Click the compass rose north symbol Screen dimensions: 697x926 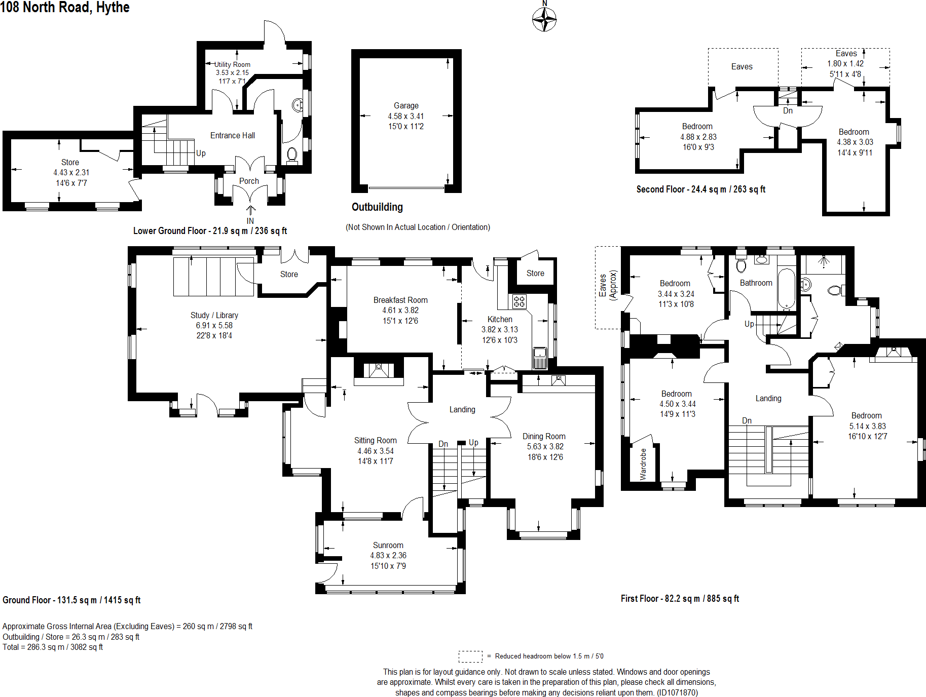pyautogui.click(x=544, y=19)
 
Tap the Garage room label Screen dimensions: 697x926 pyautogui.click(x=406, y=105)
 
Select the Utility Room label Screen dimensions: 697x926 pyautogui.click(x=232, y=64)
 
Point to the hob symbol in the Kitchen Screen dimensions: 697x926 pyautogui.click(x=519, y=302)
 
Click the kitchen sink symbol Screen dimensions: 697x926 pyautogui.click(x=540, y=354)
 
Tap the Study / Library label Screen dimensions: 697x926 pyautogui.click(x=214, y=315)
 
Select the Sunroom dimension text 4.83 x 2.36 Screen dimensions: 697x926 pyautogui.click(x=388, y=555)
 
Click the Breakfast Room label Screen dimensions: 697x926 pyautogui.click(x=400, y=300)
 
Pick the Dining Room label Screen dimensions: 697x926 pyautogui.click(x=544, y=436)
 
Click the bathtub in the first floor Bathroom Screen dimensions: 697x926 pyautogui.click(x=786, y=289)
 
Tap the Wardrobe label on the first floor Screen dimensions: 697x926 pyautogui.click(x=643, y=464)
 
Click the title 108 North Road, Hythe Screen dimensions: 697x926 pyautogui.click(x=65, y=7)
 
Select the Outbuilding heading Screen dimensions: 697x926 pyautogui.click(x=377, y=207)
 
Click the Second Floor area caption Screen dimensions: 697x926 pyautogui.click(x=700, y=189)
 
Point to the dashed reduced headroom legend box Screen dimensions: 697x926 pyautogui.click(x=470, y=656)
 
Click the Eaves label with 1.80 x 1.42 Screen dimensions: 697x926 pyautogui.click(x=846, y=53)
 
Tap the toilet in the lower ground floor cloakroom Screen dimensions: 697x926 pyautogui.click(x=292, y=154)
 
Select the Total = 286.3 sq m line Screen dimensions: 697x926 pyautogui.click(x=53, y=647)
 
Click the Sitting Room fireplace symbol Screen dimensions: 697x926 pyautogui.click(x=379, y=370)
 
